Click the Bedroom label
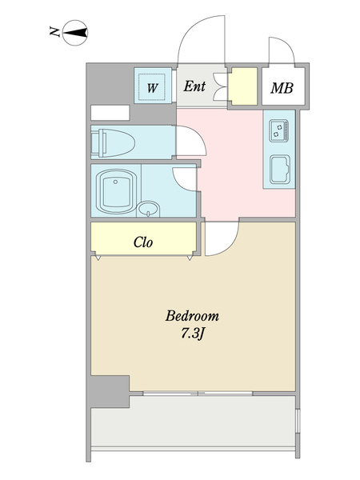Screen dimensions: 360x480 tap(192, 316)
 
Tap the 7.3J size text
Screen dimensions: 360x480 tap(192, 334)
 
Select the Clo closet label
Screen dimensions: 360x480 tap(143, 242)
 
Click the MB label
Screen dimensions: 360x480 tap(282, 88)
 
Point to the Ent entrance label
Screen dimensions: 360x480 tap(194, 86)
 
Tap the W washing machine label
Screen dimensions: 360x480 tap(152, 88)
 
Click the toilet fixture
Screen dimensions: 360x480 tap(113, 143)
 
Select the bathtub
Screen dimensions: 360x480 tap(116, 191)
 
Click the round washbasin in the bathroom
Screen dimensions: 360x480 tap(149, 209)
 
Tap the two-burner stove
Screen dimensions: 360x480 tap(278, 130)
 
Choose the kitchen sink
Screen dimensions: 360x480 tap(280, 170)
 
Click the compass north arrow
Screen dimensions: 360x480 tap(75, 33)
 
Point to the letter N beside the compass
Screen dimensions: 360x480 tap(54, 31)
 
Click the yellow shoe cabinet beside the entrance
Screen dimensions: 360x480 tap(242, 86)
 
